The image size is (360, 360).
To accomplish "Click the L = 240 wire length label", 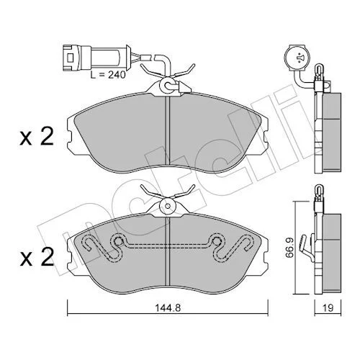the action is click(x=108, y=75).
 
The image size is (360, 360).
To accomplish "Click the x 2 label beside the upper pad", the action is click(x=37, y=138).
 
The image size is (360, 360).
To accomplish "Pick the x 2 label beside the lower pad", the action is click(x=37, y=257).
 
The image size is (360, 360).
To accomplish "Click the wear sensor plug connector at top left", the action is click(x=96, y=58).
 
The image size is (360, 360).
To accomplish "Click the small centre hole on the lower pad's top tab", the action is click(x=168, y=206).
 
